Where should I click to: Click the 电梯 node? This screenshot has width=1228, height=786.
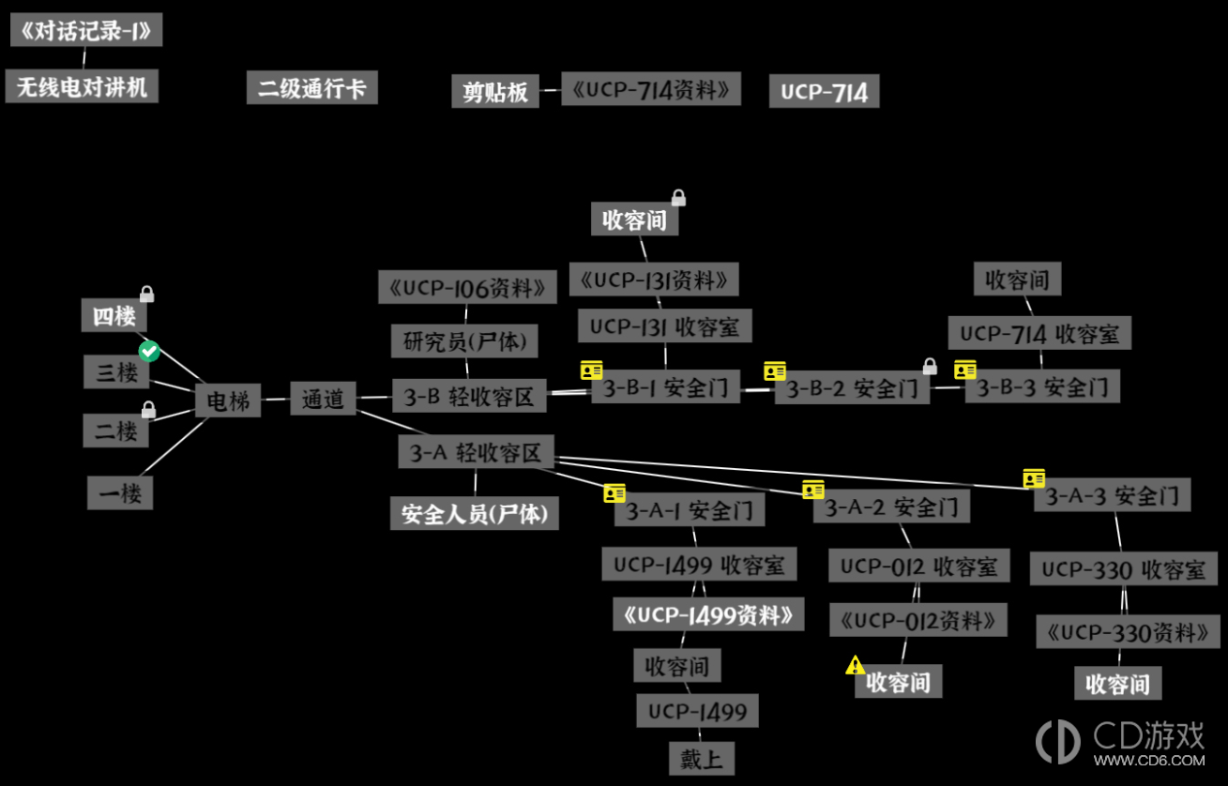[228, 401]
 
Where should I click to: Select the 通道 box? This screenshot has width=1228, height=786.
[323, 399]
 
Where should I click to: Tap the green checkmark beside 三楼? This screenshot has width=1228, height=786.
[149, 352]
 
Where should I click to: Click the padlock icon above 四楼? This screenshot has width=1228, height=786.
[147, 294]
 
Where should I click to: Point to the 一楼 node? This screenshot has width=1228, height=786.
[120, 492]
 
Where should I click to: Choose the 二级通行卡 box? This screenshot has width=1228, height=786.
[312, 88]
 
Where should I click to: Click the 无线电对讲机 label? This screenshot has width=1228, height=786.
[82, 86]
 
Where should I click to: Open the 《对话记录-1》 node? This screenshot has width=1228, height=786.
[86, 30]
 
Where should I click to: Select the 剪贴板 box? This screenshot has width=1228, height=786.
[495, 91]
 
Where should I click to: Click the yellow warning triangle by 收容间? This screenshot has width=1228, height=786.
[855, 665]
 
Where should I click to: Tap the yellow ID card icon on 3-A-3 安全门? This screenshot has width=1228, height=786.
[1034, 478]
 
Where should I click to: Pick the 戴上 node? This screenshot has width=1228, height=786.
[702, 759]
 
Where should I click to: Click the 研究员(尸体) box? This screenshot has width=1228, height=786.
[464, 340]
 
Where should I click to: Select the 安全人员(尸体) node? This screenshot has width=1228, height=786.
[474, 513]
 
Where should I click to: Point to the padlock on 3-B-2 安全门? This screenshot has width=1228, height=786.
[930, 366]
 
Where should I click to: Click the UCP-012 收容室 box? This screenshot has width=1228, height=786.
[918, 566]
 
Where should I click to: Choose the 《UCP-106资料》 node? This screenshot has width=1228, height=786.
[467, 287]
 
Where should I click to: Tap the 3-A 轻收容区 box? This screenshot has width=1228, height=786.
[476, 452]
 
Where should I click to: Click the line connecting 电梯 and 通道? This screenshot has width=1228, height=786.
[276, 400]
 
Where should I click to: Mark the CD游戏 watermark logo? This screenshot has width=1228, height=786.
[1120, 743]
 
